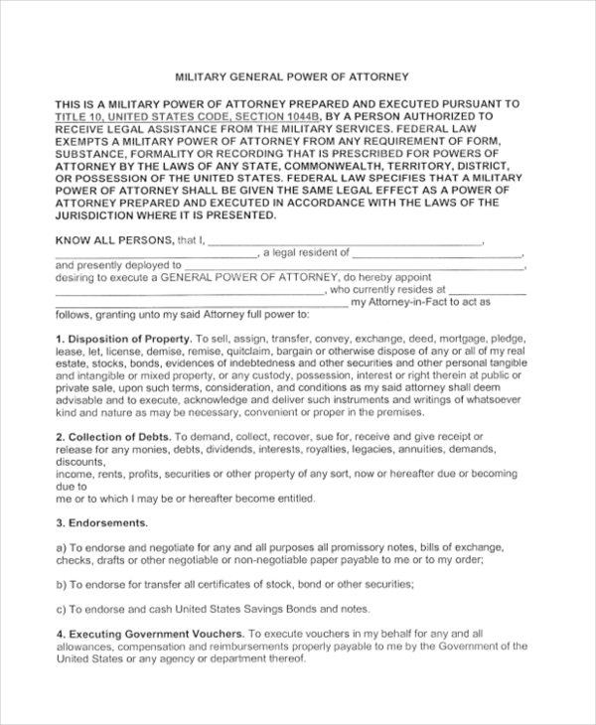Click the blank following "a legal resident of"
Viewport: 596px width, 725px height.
pos(437,253)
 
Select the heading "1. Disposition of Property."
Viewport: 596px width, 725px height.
pos(122,339)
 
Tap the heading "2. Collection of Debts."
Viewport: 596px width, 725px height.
pos(113,436)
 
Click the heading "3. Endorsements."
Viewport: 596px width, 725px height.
pos(101,522)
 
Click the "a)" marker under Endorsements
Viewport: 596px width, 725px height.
pos(61,547)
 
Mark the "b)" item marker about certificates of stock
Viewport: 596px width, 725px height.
pos(61,584)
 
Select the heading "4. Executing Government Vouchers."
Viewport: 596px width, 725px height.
pos(150,633)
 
